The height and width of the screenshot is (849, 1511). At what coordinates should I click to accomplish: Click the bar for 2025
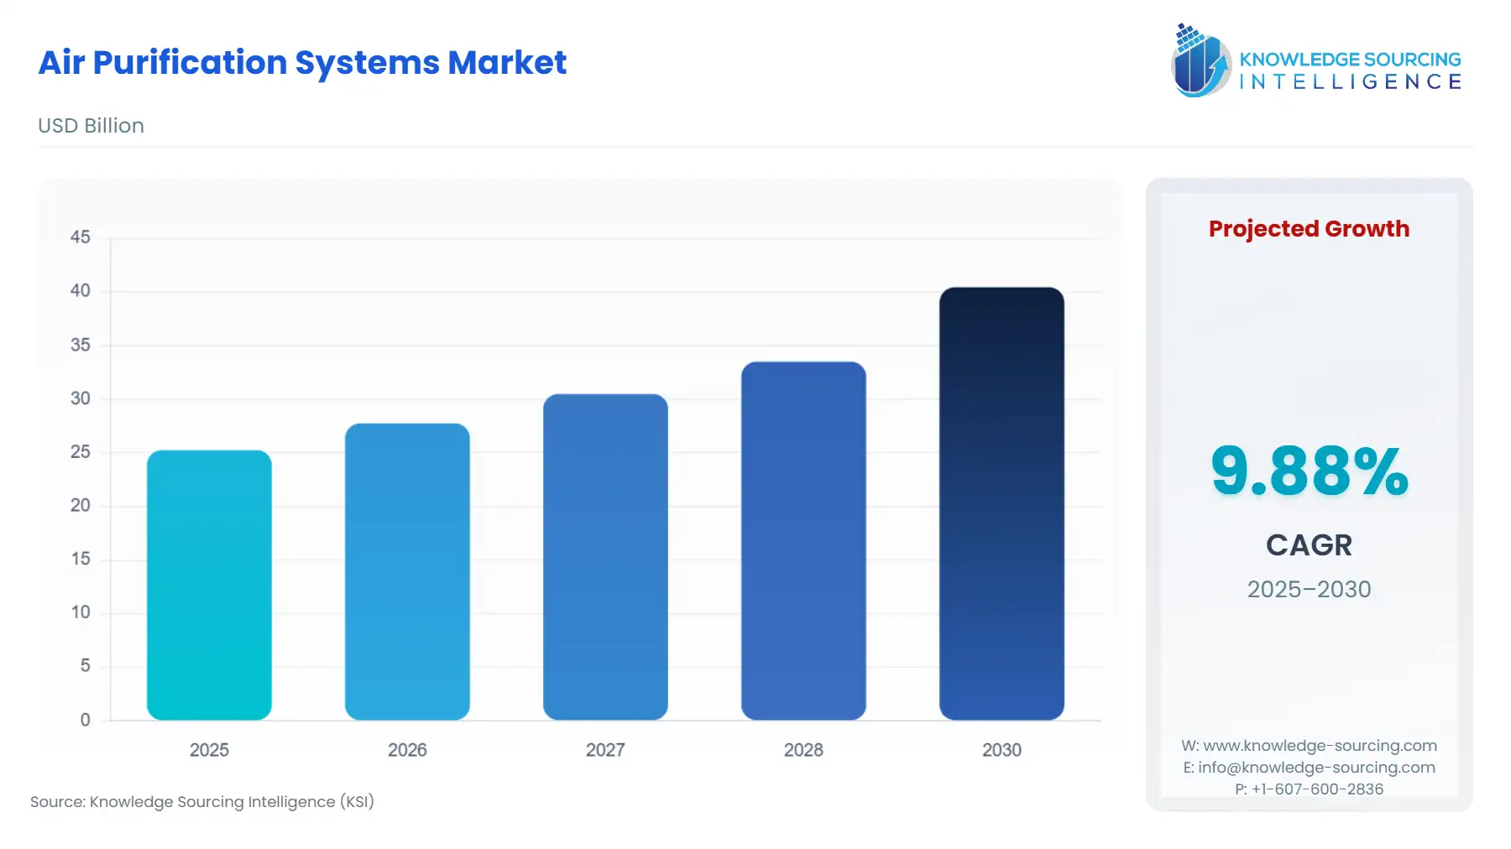pyautogui.click(x=209, y=585)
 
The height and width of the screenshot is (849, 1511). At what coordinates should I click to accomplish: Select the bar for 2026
pyautogui.click(x=407, y=571)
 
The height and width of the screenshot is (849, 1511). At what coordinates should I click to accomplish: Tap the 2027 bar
pyautogui.click(x=605, y=557)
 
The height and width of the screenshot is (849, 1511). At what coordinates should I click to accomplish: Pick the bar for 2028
pyautogui.click(x=803, y=540)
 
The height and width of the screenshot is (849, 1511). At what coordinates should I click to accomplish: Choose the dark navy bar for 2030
pyautogui.click(x=1001, y=503)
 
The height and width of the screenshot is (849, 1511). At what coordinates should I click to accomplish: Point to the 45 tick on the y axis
pyautogui.click(x=81, y=237)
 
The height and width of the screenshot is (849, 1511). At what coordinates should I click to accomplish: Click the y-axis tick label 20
pyautogui.click(x=81, y=505)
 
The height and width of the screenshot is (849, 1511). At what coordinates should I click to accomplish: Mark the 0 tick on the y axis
pyautogui.click(x=85, y=720)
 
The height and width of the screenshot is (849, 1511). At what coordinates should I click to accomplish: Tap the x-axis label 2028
pyautogui.click(x=803, y=750)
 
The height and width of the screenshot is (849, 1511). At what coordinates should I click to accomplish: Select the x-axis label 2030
pyautogui.click(x=1001, y=750)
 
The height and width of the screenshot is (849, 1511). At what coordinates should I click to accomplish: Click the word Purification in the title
pyautogui.click(x=190, y=63)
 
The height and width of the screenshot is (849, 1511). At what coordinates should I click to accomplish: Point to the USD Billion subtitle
pyautogui.click(x=91, y=126)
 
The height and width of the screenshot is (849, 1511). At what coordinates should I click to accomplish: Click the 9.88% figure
pyautogui.click(x=1309, y=471)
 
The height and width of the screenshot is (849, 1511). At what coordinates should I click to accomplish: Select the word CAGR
pyautogui.click(x=1309, y=545)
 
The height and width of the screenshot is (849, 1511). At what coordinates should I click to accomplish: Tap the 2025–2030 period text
pyautogui.click(x=1309, y=589)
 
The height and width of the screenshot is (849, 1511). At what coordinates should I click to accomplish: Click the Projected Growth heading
pyautogui.click(x=1309, y=228)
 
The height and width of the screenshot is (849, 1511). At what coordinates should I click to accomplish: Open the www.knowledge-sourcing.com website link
pyautogui.click(x=1320, y=746)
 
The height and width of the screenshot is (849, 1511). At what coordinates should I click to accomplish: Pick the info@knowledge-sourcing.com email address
pyautogui.click(x=1316, y=768)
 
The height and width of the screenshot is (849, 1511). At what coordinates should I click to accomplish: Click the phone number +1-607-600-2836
pyautogui.click(x=1317, y=789)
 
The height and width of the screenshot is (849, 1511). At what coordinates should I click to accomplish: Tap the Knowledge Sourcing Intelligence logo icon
pyautogui.click(x=1200, y=60)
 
